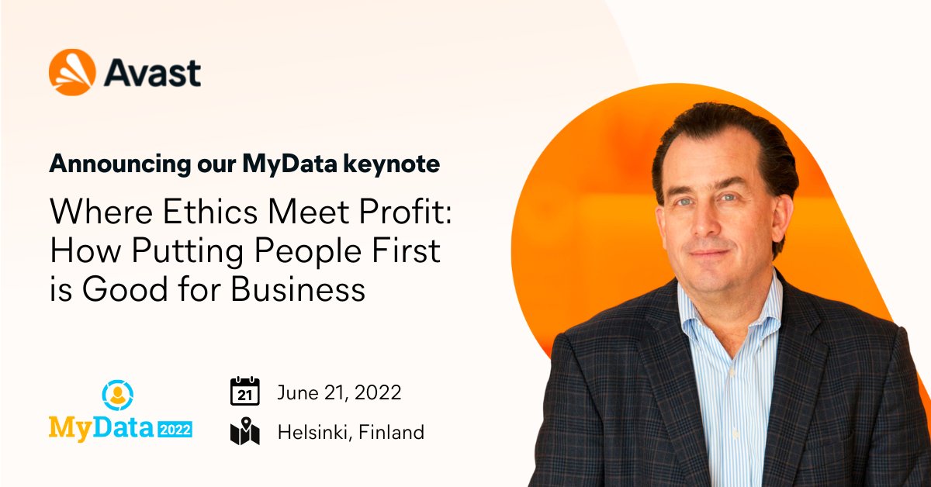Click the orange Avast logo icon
click(72, 72)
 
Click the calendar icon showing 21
click(244, 392)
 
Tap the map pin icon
click(244, 432)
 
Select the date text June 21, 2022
click(339, 392)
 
